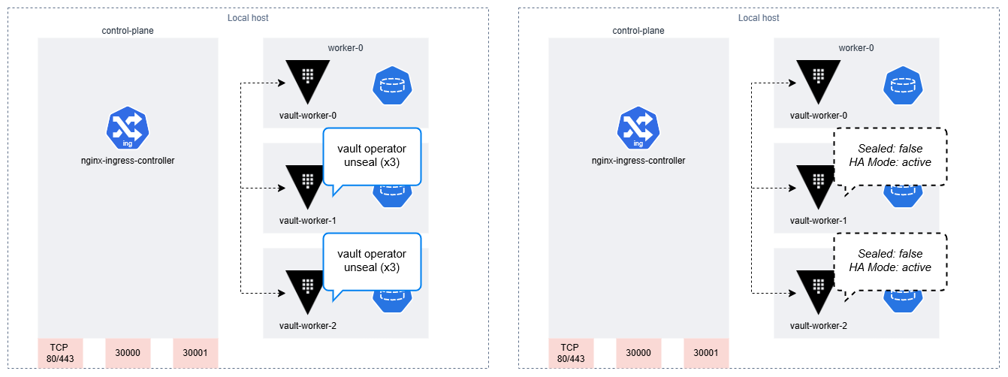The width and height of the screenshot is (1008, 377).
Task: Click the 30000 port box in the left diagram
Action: [x=128, y=353]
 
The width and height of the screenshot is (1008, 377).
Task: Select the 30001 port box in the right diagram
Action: [x=706, y=353]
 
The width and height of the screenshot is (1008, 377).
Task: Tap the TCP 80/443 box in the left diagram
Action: [x=60, y=353]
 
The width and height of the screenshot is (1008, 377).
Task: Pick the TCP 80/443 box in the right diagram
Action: [x=571, y=353]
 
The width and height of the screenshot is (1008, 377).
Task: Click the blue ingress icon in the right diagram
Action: [x=638, y=128]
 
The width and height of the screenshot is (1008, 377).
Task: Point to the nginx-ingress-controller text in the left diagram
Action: [x=128, y=161]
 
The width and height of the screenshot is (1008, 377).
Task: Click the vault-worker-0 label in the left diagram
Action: [x=308, y=116]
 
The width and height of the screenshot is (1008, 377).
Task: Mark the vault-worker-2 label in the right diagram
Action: [x=819, y=326]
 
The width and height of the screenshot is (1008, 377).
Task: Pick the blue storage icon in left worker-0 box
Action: [x=392, y=86]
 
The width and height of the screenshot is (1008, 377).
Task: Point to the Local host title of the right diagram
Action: [x=759, y=18]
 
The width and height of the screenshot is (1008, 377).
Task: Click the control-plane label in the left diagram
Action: [x=128, y=31]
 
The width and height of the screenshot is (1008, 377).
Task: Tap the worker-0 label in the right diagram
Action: [x=856, y=47]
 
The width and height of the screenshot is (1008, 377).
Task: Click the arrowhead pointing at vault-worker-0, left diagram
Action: [x=282, y=83]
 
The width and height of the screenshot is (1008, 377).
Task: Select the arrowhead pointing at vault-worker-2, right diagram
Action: [x=792, y=294]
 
